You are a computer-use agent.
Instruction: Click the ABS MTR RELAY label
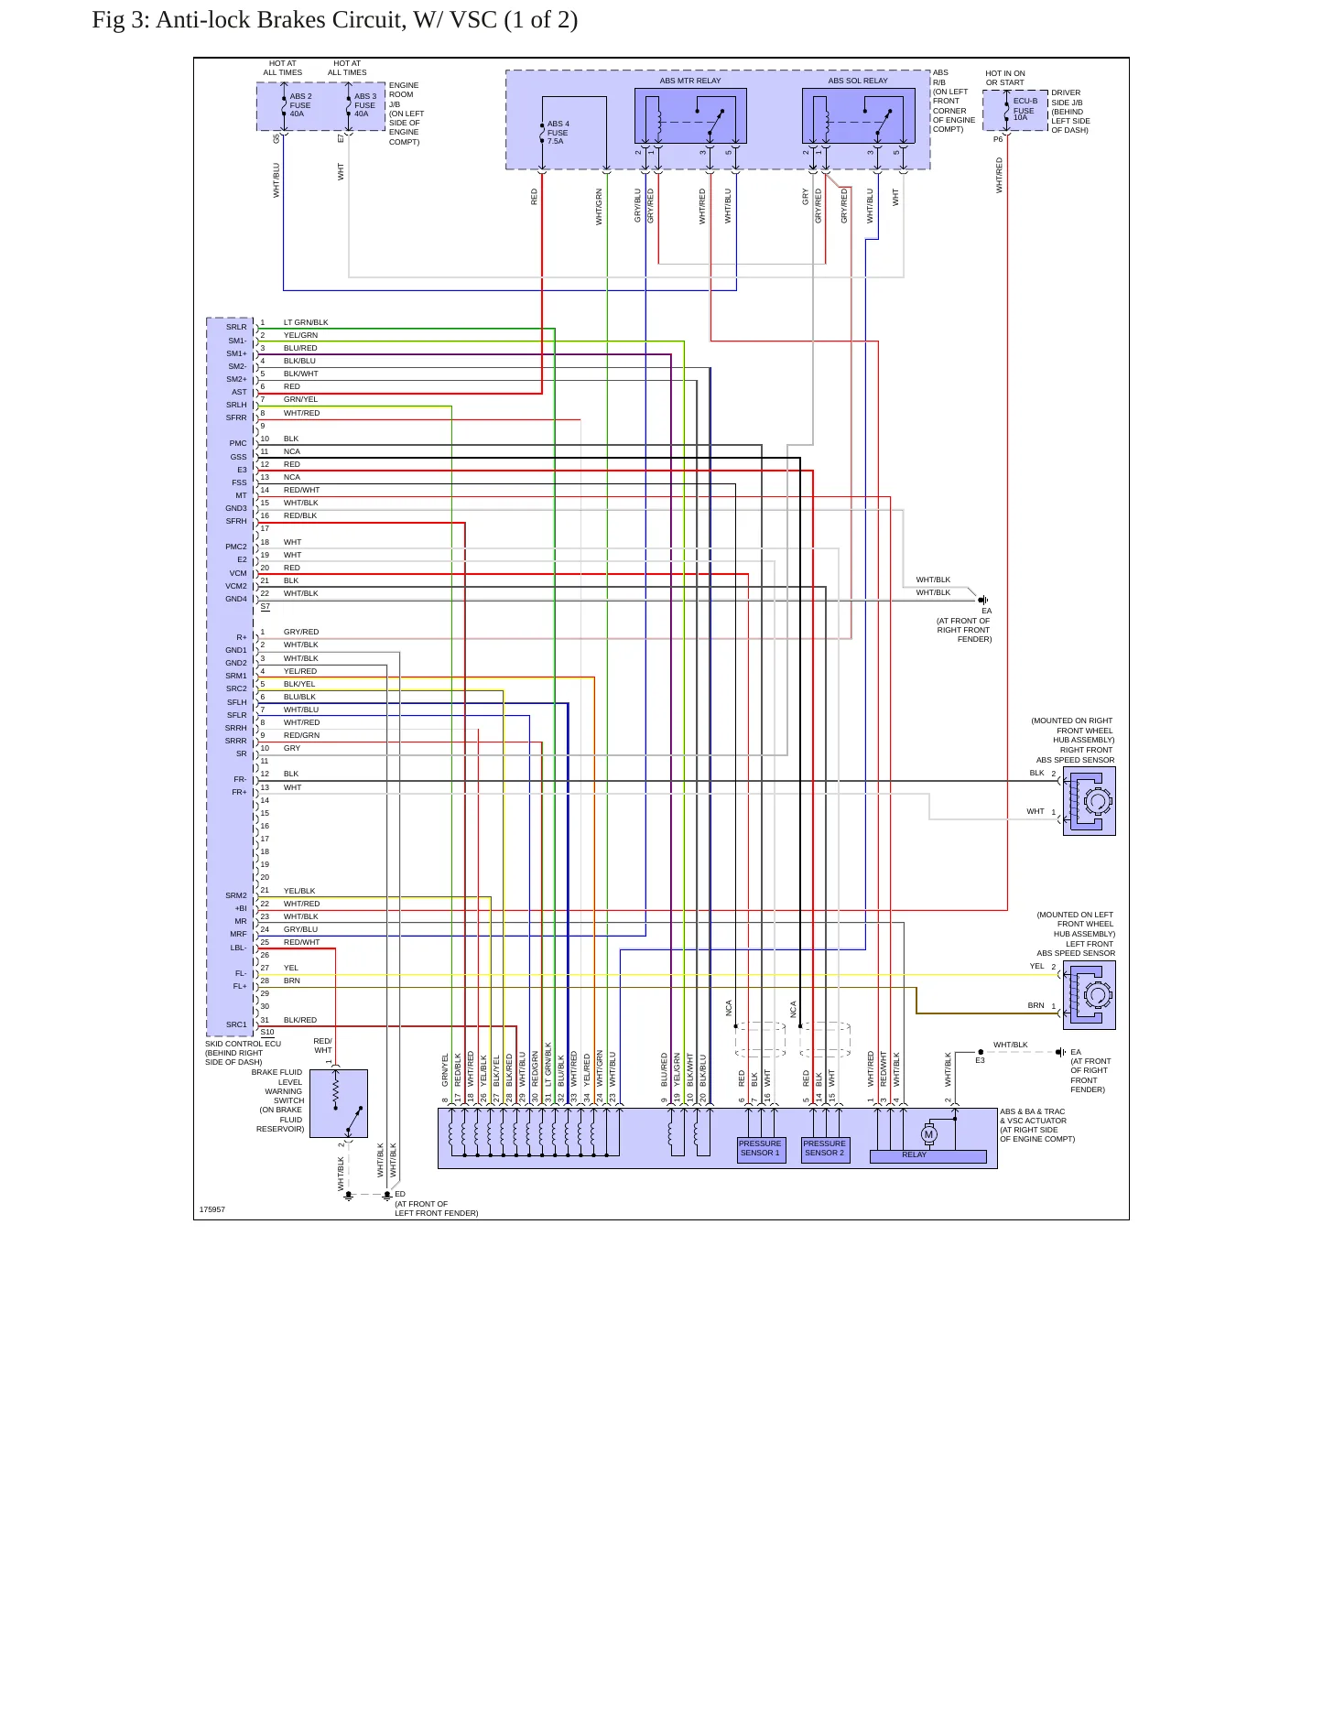(690, 81)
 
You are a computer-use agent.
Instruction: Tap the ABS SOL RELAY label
(858, 81)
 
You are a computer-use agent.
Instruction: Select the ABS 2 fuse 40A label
(300, 105)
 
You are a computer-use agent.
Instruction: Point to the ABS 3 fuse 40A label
(365, 105)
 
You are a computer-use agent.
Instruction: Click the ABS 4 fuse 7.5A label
(558, 133)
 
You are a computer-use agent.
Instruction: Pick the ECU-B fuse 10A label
(1025, 109)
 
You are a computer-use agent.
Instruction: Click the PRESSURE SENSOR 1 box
(760, 1149)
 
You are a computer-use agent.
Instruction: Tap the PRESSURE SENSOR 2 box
(825, 1149)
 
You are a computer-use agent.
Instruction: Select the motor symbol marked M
(928, 1134)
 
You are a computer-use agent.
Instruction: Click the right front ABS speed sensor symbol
(1089, 801)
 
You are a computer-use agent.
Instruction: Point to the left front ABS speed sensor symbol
(1089, 995)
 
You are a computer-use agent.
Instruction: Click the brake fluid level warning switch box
(339, 1103)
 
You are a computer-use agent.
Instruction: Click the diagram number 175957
(212, 1209)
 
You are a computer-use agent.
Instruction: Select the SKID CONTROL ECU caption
(243, 1044)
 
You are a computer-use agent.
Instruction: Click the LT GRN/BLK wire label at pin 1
(306, 322)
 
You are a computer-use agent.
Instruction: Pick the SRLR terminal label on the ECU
(236, 327)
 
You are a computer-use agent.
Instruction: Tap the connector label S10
(267, 1032)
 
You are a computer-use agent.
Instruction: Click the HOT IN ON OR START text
(1005, 78)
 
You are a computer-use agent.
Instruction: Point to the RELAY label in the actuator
(914, 1154)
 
